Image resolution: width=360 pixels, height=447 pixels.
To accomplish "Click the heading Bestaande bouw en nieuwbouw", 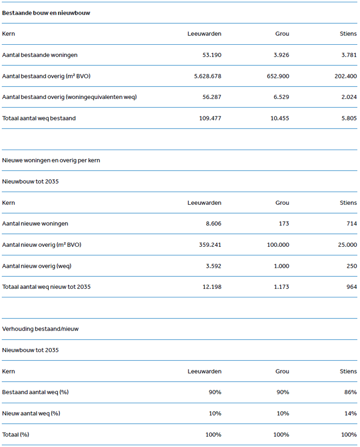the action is click(46, 13).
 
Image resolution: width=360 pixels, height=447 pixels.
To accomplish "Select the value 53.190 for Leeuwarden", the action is click(212, 55).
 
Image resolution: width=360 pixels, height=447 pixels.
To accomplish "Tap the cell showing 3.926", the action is click(281, 55).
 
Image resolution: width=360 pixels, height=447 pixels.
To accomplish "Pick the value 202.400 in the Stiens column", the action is click(345, 76).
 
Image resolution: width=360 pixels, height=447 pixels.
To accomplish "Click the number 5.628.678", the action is click(207, 76).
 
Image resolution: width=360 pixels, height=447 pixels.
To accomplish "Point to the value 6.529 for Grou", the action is click(281, 97).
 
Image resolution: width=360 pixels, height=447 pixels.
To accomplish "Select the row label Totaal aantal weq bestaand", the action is click(39, 118).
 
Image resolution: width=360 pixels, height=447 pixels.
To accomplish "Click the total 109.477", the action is click(210, 118).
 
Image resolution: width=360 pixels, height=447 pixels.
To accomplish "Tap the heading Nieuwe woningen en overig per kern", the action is click(51, 160).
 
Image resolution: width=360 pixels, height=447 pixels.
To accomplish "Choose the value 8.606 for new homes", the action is click(213, 223).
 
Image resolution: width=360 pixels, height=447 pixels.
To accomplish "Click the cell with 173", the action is click(284, 223).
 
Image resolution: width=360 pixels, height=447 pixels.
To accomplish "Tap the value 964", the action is click(351, 287).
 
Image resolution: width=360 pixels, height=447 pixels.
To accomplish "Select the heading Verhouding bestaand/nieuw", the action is click(40, 329).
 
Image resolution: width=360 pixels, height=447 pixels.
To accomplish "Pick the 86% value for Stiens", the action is click(351, 392).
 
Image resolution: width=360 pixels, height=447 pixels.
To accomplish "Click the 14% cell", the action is click(351, 413).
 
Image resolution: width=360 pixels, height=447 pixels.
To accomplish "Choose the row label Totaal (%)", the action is click(16, 434).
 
